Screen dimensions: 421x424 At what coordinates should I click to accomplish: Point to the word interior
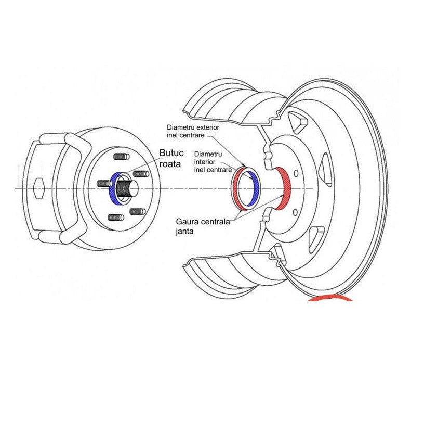tap(203, 162)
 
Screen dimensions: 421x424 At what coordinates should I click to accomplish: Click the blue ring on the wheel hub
tap(115, 188)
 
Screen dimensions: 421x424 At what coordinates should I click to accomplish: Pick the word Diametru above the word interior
tap(208, 155)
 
